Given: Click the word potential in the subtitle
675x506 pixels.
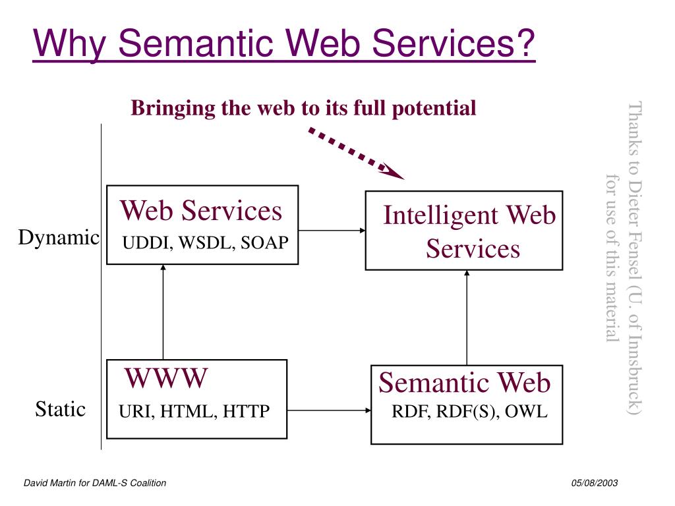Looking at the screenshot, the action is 434,109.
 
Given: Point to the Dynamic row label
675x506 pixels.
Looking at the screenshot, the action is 59,237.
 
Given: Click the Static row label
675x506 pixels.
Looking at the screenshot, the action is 60,408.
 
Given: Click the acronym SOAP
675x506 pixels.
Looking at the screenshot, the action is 264,242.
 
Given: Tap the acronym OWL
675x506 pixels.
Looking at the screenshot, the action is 526,411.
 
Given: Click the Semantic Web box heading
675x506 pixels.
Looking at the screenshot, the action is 465,383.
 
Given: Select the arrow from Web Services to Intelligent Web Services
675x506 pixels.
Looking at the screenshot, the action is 332,230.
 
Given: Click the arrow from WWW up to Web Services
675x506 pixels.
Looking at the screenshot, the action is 163,312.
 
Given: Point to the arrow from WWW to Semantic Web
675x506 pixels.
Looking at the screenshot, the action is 329,410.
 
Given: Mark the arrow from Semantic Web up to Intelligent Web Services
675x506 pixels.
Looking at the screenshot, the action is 467,318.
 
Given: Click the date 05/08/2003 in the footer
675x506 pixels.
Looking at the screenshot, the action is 595,483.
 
